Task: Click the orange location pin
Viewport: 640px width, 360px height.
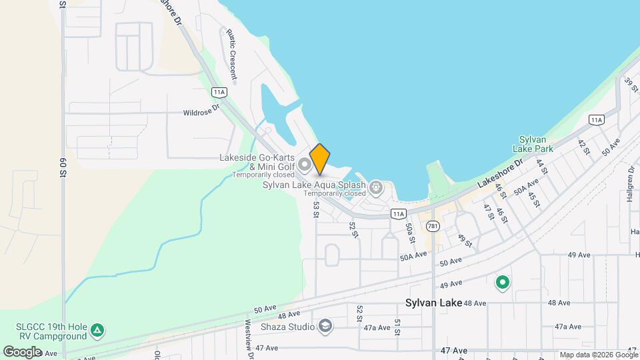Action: coord(319,159)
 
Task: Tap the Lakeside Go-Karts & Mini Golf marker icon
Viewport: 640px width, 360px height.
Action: coord(305,163)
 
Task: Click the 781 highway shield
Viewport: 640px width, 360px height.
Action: coord(433,225)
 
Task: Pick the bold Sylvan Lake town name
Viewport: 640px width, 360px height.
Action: coord(434,303)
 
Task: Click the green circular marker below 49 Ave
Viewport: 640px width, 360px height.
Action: coord(502,283)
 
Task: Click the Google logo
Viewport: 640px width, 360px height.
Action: coord(22,351)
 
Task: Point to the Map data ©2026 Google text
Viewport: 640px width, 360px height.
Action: coord(598,355)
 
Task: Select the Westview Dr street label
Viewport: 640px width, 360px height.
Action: coord(249,340)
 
